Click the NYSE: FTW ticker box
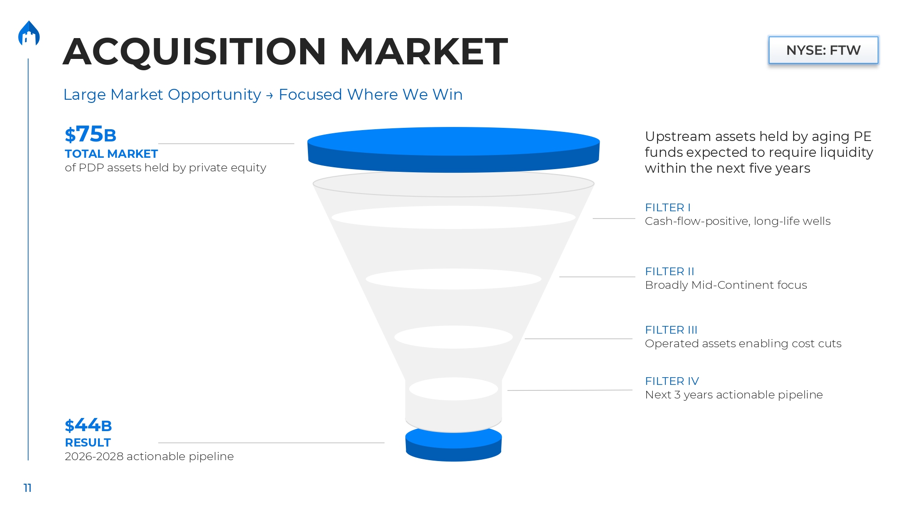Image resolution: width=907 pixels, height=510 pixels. pyautogui.click(x=823, y=50)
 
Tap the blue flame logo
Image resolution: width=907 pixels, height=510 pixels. pyautogui.click(x=29, y=34)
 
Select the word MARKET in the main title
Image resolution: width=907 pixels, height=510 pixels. pyautogui.click(x=424, y=51)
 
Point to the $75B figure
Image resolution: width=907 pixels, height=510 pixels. pyautogui.click(x=90, y=134)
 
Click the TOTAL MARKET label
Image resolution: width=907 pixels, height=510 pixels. pyautogui.click(x=111, y=154)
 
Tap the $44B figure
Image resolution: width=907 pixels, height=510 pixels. pyautogui.click(x=88, y=425)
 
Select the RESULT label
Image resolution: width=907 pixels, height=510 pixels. pyautogui.click(x=88, y=442)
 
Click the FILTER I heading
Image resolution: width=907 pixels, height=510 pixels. pyautogui.click(x=668, y=208)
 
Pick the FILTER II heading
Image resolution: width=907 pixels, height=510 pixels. pyautogui.click(x=669, y=272)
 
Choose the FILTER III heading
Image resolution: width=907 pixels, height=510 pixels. pyautogui.click(x=671, y=330)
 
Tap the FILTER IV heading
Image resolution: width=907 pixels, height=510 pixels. pyautogui.click(x=672, y=381)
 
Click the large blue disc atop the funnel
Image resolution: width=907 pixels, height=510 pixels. pyautogui.click(x=453, y=150)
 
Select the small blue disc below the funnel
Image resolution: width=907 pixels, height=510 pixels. pyautogui.click(x=453, y=444)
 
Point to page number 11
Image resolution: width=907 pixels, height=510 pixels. pyautogui.click(x=28, y=488)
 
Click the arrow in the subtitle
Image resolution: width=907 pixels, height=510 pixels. pyautogui.click(x=270, y=95)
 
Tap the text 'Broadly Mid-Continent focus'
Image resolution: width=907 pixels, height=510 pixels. pyautogui.click(x=726, y=285)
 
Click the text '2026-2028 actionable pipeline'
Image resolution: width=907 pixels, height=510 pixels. pyautogui.click(x=149, y=457)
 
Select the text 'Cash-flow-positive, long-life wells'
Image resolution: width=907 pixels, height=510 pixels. pyautogui.click(x=737, y=221)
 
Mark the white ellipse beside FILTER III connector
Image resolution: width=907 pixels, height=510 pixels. pyautogui.click(x=453, y=337)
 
